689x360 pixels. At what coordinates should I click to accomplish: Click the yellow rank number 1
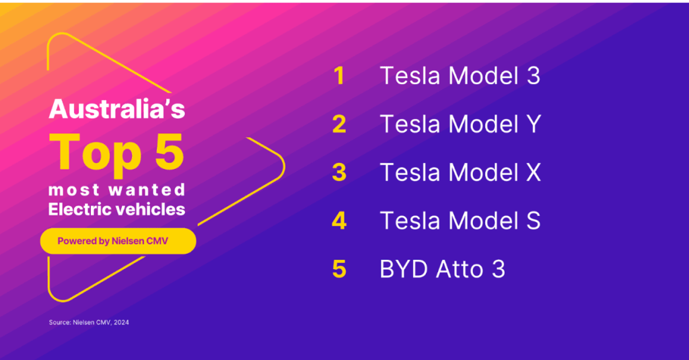[339, 75]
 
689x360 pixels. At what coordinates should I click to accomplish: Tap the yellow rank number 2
[339, 124]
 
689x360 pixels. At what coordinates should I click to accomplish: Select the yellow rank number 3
[339, 172]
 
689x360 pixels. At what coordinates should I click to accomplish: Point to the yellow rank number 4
[339, 221]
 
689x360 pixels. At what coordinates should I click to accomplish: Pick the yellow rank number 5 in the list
[339, 269]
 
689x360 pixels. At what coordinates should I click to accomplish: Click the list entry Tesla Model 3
[460, 75]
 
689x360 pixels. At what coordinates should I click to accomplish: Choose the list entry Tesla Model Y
[460, 124]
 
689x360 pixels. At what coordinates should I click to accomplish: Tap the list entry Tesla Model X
[460, 172]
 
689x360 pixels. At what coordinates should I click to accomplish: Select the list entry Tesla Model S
[460, 221]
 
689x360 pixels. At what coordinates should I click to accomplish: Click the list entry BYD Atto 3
[443, 269]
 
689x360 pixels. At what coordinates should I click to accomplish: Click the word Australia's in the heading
[117, 108]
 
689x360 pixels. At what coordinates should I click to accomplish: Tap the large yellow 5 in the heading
[169, 151]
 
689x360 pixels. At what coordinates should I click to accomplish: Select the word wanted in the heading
[147, 190]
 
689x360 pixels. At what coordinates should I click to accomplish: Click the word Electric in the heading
[74, 209]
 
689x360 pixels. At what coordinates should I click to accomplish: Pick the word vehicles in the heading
[144, 209]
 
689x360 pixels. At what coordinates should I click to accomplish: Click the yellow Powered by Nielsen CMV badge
[118, 241]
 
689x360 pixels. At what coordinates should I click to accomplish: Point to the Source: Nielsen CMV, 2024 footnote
[89, 322]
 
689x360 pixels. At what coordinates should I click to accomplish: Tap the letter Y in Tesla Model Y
[534, 124]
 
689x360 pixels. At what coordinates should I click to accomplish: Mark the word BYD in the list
[404, 269]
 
